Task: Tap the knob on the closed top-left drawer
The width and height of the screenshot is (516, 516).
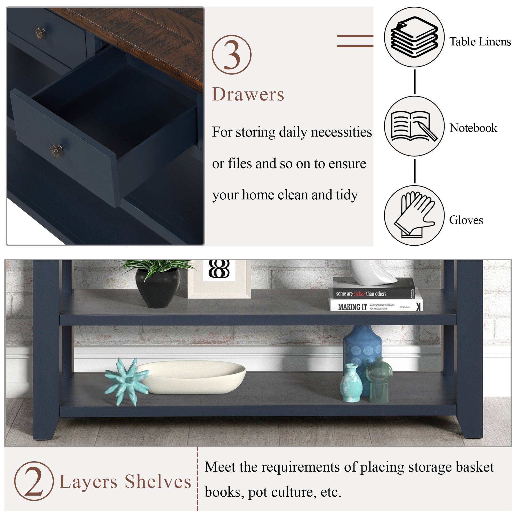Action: (40, 32)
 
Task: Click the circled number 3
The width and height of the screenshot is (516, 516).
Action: (232, 54)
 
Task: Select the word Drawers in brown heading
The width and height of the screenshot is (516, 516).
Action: (248, 94)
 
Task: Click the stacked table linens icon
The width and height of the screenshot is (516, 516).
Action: (414, 37)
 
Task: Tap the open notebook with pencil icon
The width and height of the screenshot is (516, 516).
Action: (414, 126)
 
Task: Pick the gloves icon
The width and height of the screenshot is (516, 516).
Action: (414, 215)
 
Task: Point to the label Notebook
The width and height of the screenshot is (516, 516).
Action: (473, 128)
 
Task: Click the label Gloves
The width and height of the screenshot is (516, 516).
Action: (466, 220)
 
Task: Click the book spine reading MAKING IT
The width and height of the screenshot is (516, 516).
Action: (352, 307)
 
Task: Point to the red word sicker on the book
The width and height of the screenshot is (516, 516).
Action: (359, 294)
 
